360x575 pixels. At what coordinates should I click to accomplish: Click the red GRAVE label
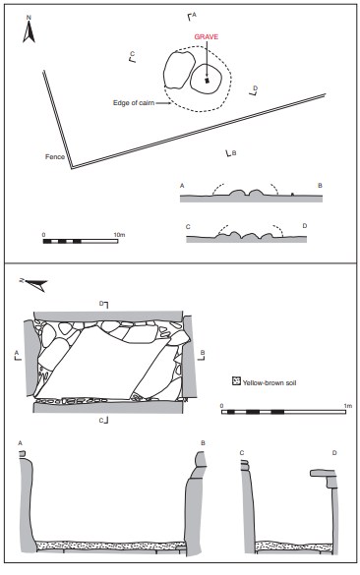click(x=206, y=37)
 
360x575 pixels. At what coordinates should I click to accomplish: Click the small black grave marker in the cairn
click(x=207, y=81)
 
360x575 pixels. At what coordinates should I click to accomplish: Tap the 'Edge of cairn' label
click(x=134, y=103)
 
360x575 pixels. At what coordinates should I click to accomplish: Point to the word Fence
click(x=55, y=156)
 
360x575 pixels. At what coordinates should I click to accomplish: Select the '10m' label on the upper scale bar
click(x=119, y=235)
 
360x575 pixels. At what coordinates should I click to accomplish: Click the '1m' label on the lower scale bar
click(x=347, y=406)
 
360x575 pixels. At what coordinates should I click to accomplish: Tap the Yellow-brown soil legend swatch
click(x=236, y=381)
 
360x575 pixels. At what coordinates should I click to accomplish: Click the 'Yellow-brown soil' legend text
click(x=270, y=383)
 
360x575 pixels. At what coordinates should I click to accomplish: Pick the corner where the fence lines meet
click(x=72, y=168)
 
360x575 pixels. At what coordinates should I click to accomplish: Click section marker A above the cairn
click(x=191, y=16)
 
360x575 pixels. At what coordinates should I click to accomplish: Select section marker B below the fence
click(x=230, y=153)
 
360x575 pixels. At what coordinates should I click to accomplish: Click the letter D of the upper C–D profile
click(x=305, y=226)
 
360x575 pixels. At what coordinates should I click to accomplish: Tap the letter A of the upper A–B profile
click(x=182, y=186)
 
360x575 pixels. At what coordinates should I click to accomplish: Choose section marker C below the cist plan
click(x=103, y=421)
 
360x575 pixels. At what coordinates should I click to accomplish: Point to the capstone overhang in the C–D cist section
click(x=324, y=474)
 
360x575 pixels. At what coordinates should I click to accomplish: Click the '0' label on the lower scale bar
click(x=221, y=406)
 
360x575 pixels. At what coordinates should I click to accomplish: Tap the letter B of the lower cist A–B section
click(x=203, y=443)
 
